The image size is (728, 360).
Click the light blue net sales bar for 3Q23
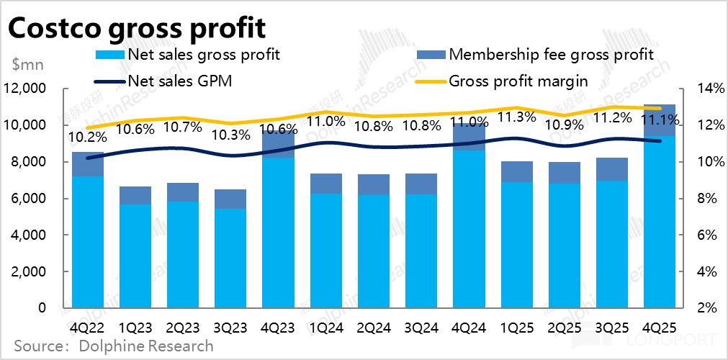[230, 259]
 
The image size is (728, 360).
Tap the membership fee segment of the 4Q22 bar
[88, 164]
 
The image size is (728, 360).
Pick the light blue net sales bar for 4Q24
[468, 230]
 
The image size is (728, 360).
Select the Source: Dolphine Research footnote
[113, 346]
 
